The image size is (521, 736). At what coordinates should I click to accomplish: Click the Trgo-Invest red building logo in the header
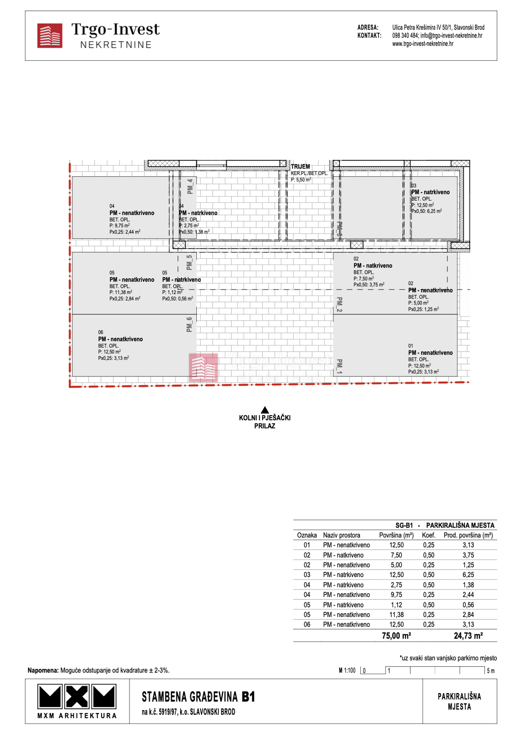pos(49,36)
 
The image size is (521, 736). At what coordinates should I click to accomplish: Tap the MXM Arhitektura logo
pos(77,696)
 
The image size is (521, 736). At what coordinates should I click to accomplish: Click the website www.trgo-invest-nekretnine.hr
pos(422,44)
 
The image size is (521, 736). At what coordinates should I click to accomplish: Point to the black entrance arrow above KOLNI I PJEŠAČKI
pos(265,409)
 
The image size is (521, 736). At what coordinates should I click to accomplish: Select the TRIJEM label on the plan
pos(300,166)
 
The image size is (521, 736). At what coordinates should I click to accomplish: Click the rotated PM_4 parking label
pos(190,186)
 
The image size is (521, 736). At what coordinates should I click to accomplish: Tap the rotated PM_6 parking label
pos(189,324)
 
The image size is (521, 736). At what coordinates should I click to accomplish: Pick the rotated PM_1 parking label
pos(340,366)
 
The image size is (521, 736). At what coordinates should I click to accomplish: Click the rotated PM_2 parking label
pos(340,304)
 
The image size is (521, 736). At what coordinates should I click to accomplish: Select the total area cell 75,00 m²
pos(396,636)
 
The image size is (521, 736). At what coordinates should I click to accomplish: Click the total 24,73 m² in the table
pos(468,636)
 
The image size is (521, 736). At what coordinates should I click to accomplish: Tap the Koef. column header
pos(429,535)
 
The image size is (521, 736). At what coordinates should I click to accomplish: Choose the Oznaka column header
pos(307,535)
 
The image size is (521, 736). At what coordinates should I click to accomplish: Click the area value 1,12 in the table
pos(396,605)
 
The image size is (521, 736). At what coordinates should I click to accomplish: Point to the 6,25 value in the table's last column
pos(468,575)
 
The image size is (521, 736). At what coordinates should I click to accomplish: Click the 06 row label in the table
pos(307,624)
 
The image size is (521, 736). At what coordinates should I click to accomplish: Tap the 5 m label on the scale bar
pos(491,671)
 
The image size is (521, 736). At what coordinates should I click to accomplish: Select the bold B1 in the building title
pos(248,697)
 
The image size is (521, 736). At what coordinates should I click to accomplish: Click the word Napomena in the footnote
pos(43,670)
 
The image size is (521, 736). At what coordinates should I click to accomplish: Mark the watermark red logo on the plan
pos(203,367)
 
